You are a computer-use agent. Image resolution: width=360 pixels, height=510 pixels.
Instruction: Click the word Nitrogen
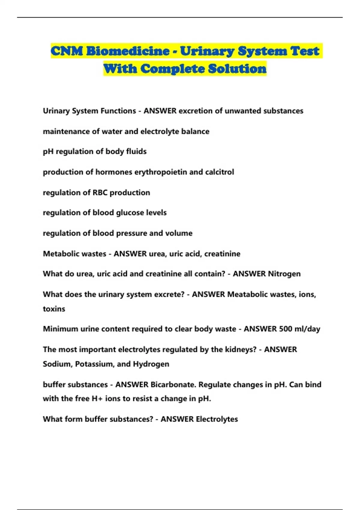point(284,274)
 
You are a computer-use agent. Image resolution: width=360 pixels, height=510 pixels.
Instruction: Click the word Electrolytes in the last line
point(217,419)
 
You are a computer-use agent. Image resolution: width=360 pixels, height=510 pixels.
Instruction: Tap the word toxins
point(54,309)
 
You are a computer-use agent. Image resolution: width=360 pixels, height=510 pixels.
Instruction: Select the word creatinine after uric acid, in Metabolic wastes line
point(222,254)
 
